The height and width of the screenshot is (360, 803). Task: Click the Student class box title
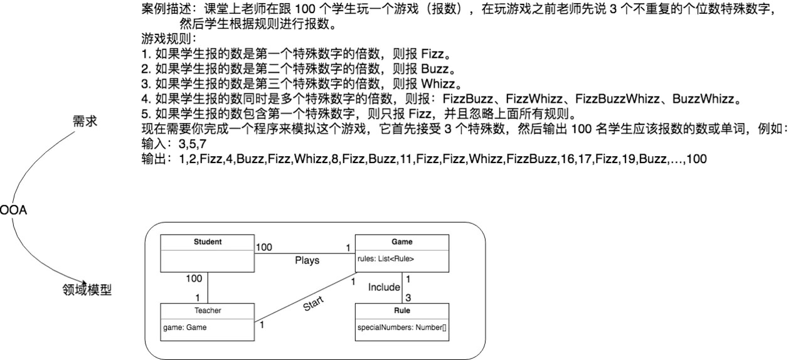point(207,241)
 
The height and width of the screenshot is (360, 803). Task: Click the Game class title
point(401,241)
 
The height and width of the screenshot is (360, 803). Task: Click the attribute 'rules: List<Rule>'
point(386,258)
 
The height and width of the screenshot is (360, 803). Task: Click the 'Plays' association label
point(307,260)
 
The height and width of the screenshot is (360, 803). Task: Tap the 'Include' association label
point(384,287)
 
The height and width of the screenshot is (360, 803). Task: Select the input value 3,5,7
point(193,145)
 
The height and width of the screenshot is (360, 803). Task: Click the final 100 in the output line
point(696,159)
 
